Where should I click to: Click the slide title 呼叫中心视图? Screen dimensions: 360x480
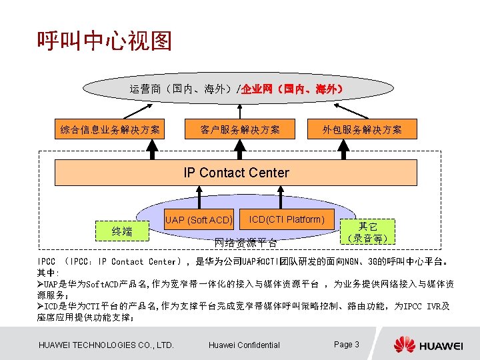coord(105,42)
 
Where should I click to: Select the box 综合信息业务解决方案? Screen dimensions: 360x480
coord(110,129)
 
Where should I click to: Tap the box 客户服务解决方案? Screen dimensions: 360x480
coord(240,129)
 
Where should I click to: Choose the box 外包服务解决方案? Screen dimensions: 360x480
coord(363,129)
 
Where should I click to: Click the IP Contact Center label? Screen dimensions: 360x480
coord(236,173)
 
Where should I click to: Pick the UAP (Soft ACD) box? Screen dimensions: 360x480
coord(199,220)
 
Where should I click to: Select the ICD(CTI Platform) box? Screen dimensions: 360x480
coord(287,219)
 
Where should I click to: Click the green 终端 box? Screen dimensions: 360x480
coord(122,231)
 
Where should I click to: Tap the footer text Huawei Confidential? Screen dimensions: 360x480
coord(244,345)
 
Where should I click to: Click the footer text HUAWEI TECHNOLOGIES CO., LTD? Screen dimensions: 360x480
coord(107,345)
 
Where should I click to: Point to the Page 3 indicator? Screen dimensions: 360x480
coord(347,344)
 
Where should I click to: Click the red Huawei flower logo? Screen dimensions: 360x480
coord(404,345)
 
